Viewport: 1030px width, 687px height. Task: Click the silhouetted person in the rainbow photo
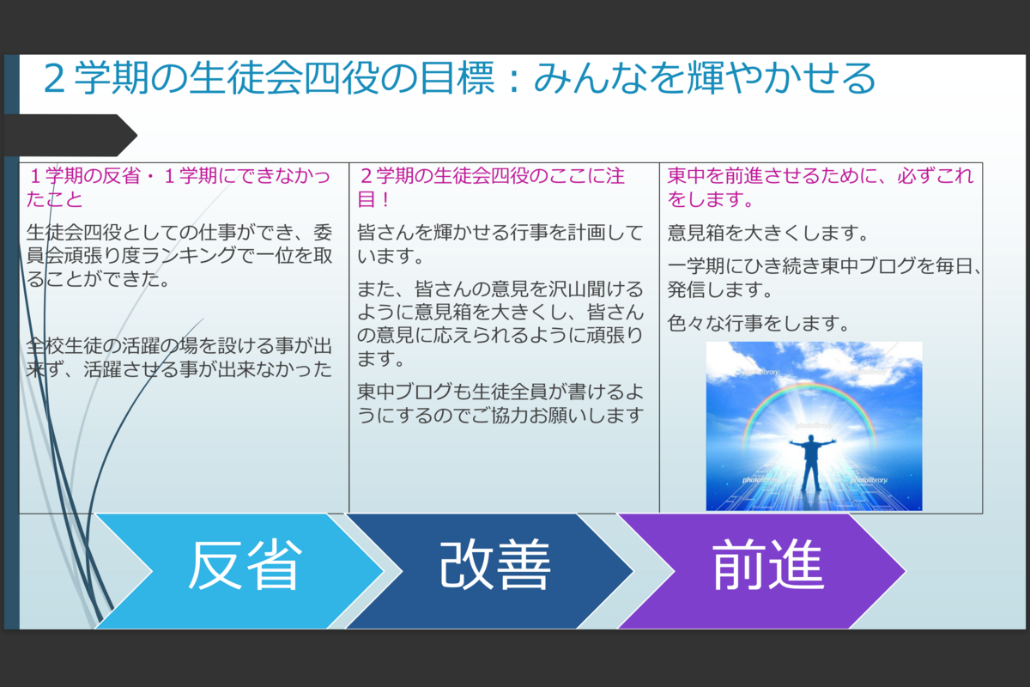812,463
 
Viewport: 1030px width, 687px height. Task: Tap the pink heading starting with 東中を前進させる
821,187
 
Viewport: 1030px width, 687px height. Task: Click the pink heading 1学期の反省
85,176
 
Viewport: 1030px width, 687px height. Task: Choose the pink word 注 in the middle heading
615,176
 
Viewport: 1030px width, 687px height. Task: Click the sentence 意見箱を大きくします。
767,233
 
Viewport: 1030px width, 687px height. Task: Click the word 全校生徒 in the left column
64,346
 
